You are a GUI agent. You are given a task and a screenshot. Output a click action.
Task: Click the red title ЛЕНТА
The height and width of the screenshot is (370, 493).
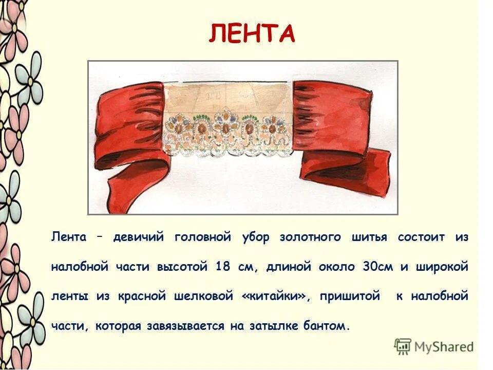pos(252,34)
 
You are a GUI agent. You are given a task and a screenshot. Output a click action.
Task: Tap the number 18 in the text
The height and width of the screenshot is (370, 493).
pos(223,267)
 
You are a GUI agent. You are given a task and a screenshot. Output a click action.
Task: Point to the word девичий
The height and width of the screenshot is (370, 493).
pos(138,237)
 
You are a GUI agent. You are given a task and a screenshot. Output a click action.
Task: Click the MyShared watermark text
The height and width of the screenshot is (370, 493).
pos(444,346)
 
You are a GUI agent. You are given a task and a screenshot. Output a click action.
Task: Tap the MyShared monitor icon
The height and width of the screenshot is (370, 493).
pos(403,346)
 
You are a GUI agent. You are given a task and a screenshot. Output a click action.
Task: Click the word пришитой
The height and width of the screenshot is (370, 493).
pos(351,297)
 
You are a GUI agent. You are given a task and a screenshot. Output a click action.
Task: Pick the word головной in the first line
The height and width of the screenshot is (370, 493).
pos(202,237)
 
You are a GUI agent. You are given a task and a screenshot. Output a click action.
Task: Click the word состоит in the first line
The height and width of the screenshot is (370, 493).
pos(422,237)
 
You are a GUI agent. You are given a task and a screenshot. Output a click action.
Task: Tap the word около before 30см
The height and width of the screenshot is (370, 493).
pos(336,267)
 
